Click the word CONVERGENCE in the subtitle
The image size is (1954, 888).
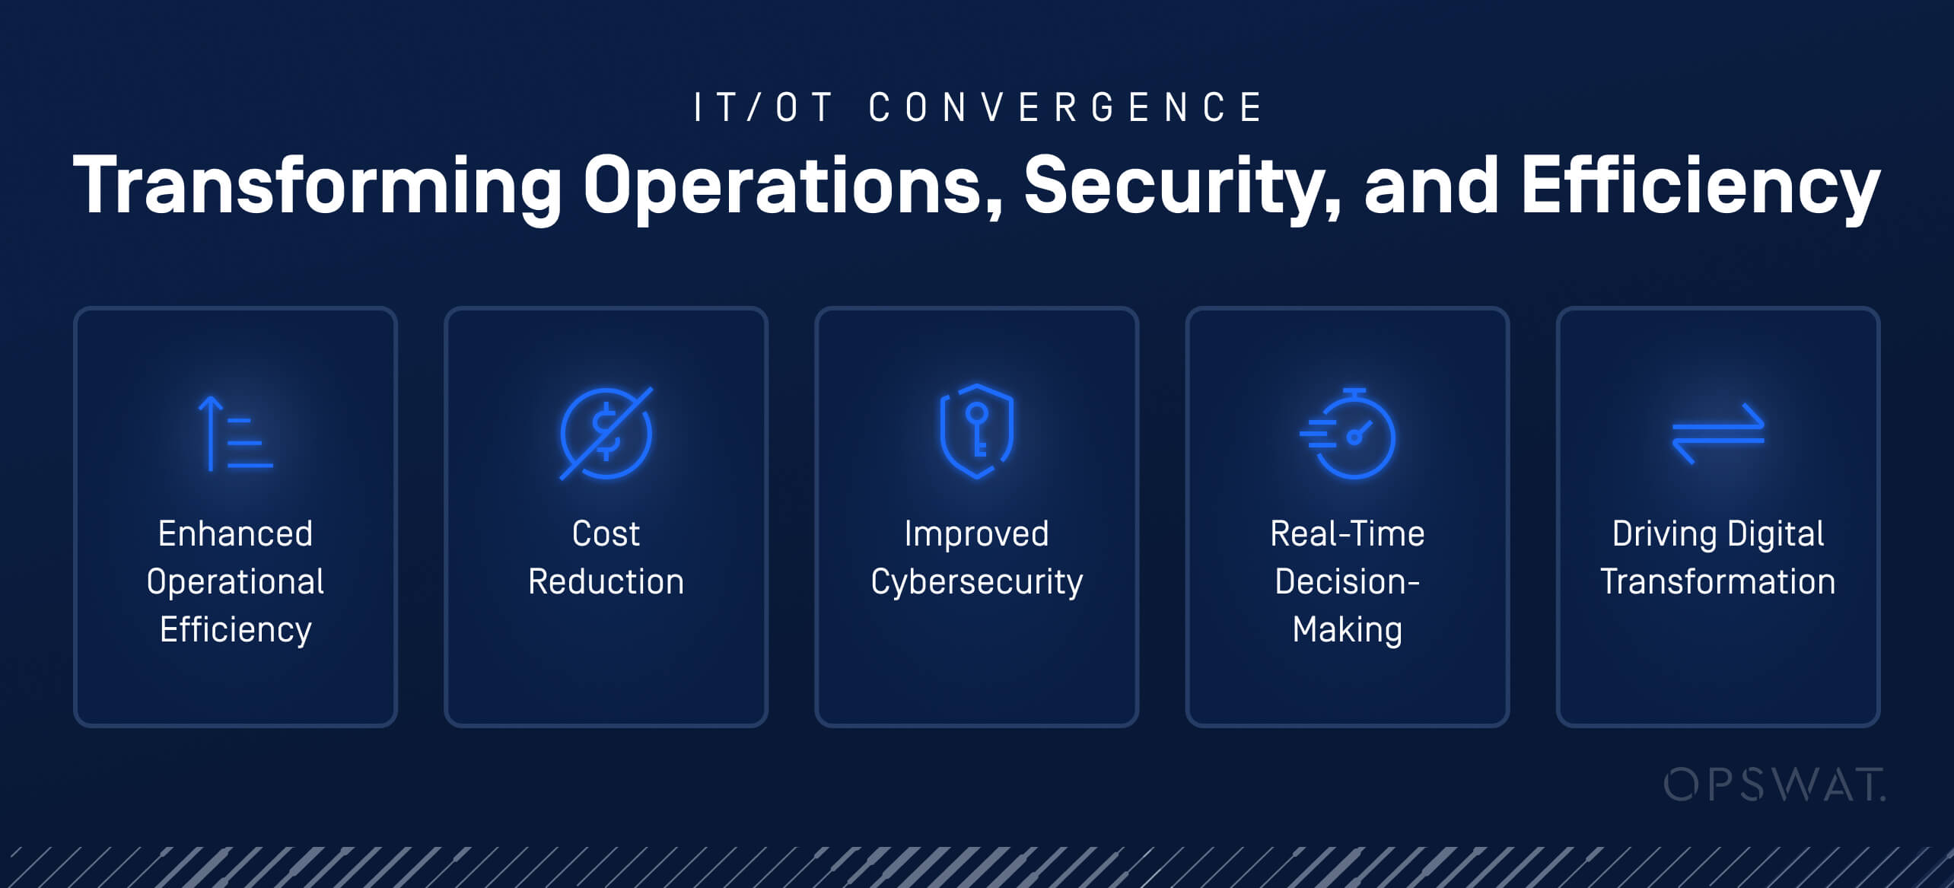[x=1065, y=107]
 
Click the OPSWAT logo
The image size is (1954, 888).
[x=1774, y=785]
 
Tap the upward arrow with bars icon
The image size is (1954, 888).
[x=234, y=434]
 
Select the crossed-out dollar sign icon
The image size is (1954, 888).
[x=606, y=434]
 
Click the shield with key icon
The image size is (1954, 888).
[x=976, y=431]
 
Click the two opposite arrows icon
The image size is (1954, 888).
[x=1718, y=434]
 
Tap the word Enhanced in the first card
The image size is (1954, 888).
[x=235, y=533]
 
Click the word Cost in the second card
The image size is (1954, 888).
[x=606, y=533]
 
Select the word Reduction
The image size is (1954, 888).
[x=606, y=581]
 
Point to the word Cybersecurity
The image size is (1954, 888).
[x=976, y=583]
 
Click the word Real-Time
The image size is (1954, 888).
[x=1347, y=533]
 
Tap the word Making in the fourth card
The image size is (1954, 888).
[x=1347, y=630]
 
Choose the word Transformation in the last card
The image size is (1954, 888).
[x=1717, y=581]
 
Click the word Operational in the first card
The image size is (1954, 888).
[x=235, y=582]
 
